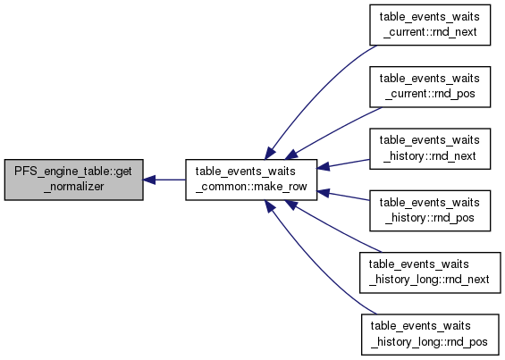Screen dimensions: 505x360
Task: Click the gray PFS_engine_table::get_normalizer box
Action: (74, 180)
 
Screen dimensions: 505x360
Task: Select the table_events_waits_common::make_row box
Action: (251, 180)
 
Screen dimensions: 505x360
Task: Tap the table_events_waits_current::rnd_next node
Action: (430, 25)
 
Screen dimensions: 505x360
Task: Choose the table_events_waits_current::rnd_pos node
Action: (430, 87)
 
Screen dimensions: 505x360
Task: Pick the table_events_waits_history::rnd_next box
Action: (430, 149)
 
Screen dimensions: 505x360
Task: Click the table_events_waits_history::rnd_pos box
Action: (430, 211)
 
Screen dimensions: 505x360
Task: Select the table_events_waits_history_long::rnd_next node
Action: (430, 272)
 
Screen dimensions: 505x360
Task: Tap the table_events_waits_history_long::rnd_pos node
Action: (430, 335)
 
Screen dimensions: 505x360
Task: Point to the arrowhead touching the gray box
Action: (149, 180)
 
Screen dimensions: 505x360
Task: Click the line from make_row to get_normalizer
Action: (164, 180)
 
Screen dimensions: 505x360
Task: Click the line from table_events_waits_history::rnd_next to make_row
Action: (343, 163)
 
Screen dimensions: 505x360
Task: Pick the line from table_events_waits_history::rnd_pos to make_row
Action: (343, 196)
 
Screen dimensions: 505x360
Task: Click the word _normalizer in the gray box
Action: (74, 187)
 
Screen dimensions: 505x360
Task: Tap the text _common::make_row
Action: (251, 187)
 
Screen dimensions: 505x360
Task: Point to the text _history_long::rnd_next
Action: (429, 280)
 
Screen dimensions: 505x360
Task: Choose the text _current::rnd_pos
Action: (430, 94)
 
